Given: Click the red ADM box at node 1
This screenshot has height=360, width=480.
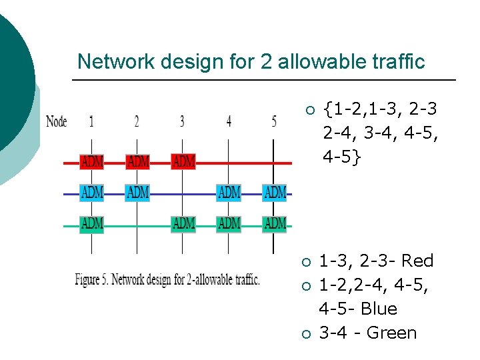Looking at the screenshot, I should [x=91, y=162].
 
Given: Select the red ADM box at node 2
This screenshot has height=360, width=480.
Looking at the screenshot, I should [x=137, y=162].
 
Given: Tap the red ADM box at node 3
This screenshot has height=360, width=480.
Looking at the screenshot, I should [x=183, y=162].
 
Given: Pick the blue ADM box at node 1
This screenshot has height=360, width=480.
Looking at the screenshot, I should [x=91, y=193].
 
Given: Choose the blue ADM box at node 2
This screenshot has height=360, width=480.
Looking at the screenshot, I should [x=137, y=193].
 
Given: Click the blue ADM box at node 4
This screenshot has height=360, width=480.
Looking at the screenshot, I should [x=229, y=193].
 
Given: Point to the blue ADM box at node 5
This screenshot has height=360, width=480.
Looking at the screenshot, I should [x=275, y=193].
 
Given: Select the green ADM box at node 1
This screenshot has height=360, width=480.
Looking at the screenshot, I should [x=91, y=223].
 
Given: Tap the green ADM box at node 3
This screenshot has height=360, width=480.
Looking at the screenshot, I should [x=183, y=223].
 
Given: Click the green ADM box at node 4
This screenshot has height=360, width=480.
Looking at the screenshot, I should [x=229, y=223].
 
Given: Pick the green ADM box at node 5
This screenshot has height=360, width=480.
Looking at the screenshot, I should [x=275, y=223].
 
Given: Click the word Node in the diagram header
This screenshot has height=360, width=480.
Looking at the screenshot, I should [x=57, y=121].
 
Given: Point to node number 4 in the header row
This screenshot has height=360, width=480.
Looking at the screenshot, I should [x=229, y=121].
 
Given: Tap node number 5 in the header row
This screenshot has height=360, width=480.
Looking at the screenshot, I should [x=274, y=121].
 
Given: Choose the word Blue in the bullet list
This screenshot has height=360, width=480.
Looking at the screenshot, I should [x=379, y=309].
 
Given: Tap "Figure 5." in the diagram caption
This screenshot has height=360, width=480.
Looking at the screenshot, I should [x=91, y=279].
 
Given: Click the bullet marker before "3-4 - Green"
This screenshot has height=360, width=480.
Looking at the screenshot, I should [x=306, y=333].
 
